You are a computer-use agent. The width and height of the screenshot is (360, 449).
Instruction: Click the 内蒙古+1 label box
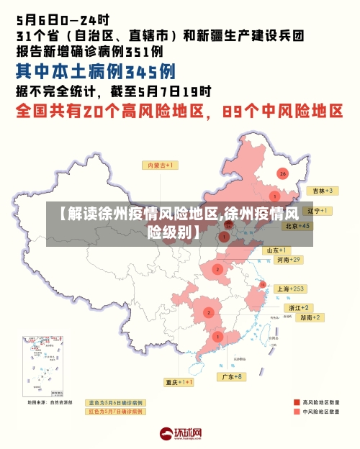(x=163, y=165)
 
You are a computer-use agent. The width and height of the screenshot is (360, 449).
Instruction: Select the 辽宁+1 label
(x=318, y=211)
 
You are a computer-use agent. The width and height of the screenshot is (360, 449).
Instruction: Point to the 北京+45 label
(x=297, y=225)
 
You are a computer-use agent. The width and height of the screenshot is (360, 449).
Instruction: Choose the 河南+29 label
(x=288, y=260)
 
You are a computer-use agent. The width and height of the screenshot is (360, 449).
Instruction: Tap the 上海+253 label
(x=291, y=289)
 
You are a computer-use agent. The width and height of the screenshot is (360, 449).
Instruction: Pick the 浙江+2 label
(x=300, y=307)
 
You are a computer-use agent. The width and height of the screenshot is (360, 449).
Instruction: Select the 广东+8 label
(x=232, y=376)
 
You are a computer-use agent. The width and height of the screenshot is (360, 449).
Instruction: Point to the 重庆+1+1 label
(x=179, y=382)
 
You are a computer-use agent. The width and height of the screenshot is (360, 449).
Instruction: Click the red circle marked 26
(x=283, y=173)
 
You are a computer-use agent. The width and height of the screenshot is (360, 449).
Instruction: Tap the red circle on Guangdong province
(x=218, y=336)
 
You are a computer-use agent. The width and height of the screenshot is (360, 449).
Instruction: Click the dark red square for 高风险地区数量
(x=297, y=402)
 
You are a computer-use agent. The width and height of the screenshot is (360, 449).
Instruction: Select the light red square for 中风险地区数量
(x=297, y=412)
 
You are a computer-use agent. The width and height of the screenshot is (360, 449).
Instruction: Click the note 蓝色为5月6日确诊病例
(x=116, y=402)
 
